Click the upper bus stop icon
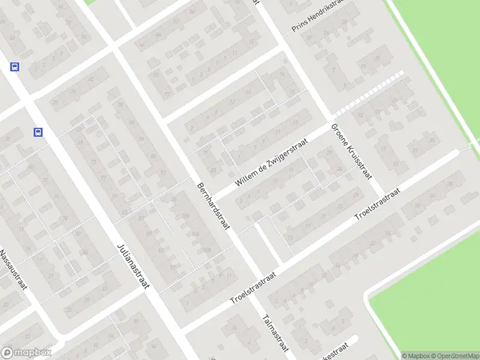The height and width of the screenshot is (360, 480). point(15,67)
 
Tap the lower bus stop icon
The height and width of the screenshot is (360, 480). point(38,133)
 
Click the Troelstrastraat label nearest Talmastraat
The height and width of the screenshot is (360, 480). point(253,288)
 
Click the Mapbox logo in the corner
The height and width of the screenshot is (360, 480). point(26,353)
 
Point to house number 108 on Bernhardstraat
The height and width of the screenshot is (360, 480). point(208,250)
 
